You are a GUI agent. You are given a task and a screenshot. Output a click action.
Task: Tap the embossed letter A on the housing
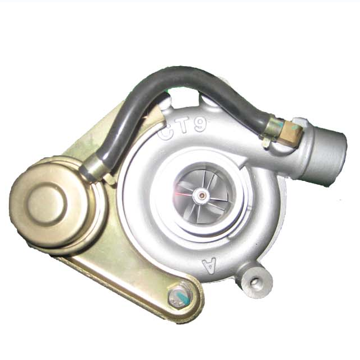[x=209, y=265]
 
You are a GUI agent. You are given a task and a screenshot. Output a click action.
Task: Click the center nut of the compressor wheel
[x=202, y=195]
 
